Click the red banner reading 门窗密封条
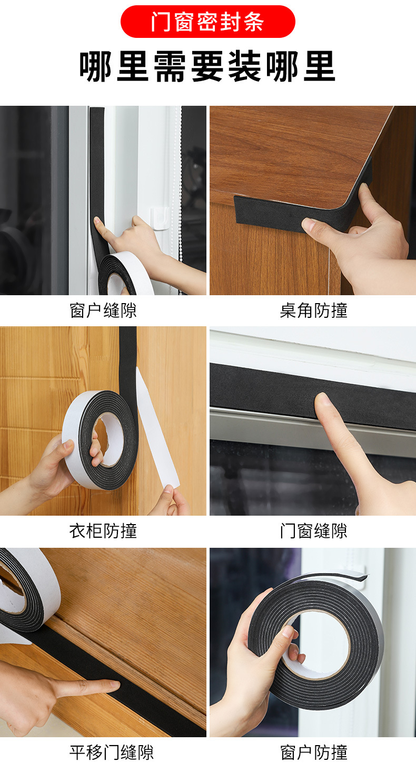208,22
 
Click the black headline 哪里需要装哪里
207,66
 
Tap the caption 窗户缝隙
103,310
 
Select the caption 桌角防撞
313,310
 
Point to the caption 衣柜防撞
103,531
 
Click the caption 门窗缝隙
313,531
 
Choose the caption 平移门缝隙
112,752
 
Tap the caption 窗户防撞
313,752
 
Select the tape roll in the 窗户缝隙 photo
125,273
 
